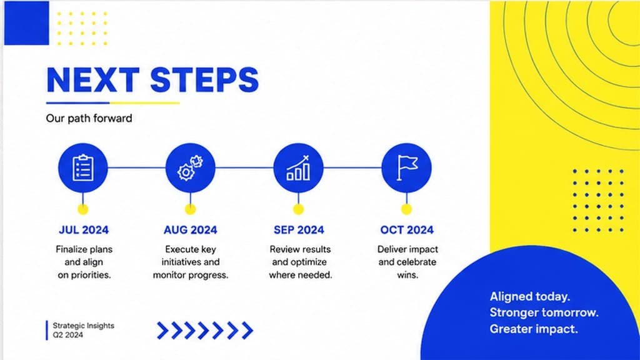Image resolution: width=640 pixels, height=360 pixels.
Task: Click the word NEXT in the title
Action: coord(93,79)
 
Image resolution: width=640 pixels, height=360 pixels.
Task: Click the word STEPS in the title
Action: coord(204,79)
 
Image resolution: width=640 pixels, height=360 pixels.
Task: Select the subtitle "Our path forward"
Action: coord(89,118)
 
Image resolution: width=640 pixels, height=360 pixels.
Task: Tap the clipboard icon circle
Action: coord(83,167)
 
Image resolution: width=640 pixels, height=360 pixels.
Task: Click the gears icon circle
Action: coord(190,167)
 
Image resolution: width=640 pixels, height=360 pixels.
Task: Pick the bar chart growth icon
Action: coord(298,167)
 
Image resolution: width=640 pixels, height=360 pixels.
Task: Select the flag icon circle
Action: coord(406,167)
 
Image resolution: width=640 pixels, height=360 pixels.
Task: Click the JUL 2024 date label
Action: coord(84,230)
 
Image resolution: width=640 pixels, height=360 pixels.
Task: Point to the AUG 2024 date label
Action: coord(190,230)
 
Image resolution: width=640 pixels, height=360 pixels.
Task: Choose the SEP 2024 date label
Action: coord(299,230)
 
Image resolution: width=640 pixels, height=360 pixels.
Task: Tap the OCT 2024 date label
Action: coord(407,230)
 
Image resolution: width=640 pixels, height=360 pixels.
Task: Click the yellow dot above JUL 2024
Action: coord(83,209)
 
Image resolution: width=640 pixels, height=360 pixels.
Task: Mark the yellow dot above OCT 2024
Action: coord(406,209)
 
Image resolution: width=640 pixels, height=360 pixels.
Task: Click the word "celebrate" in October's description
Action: coord(417,262)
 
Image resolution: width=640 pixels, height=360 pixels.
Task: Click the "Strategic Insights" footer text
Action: coord(84,326)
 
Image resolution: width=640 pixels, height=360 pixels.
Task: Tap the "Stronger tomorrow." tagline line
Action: coord(544,312)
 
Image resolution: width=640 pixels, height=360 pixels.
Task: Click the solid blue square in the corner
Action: coord(26,23)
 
